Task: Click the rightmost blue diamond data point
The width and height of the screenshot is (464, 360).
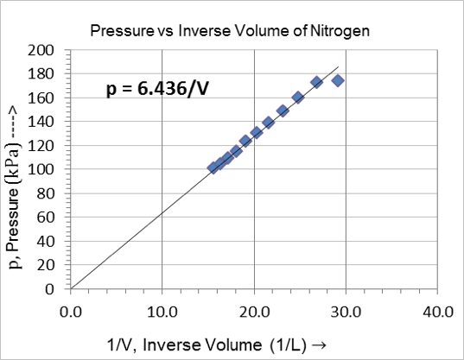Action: (x=338, y=80)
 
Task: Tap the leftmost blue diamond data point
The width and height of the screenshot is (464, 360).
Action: (x=213, y=167)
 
